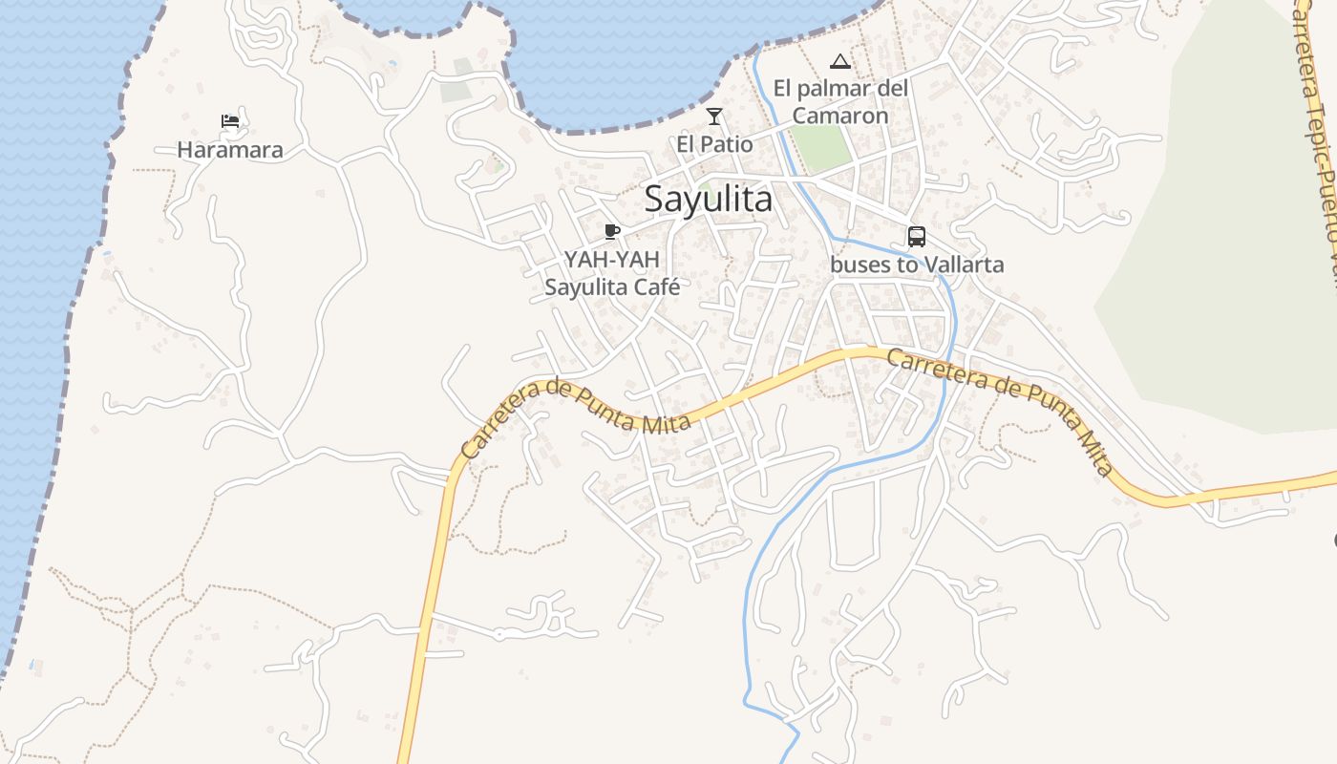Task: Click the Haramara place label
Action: point(230,150)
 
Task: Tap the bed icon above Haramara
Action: point(230,121)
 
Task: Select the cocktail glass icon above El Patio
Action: point(714,117)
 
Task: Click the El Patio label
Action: point(714,144)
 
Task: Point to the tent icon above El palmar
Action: point(840,62)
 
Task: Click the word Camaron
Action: point(840,116)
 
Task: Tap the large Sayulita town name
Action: point(708,200)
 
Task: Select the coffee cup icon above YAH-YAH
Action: point(612,231)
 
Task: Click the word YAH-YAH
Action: point(625,259)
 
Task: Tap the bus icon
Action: point(917,236)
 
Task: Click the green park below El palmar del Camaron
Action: point(820,148)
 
